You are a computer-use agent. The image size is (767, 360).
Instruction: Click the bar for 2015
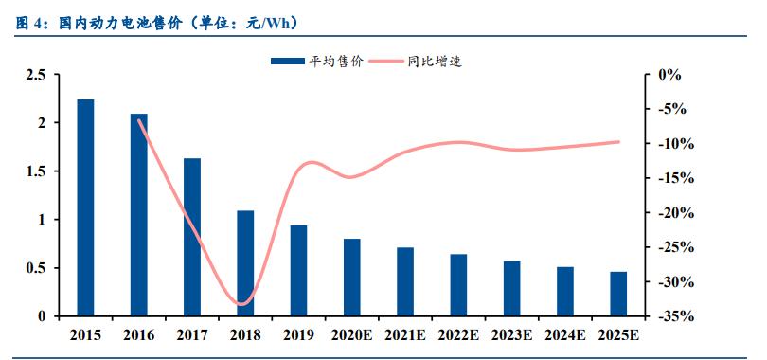point(85,207)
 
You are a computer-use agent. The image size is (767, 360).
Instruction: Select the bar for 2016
point(138,215)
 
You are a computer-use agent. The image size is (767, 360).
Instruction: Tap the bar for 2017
point(192,237)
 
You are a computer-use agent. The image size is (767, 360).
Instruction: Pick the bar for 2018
point(245,263)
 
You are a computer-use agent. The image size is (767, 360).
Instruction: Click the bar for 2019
point(298,271)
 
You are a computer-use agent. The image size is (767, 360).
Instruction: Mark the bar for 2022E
point(458,285)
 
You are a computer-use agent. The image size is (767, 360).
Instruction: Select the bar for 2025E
point(618,294)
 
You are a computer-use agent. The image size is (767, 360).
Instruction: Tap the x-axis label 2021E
point(405,335)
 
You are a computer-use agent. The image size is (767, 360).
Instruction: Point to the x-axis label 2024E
point(565,335)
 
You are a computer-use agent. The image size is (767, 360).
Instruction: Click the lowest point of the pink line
point(242,304)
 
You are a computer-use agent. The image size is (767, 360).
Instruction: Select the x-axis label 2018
point(245,335)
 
